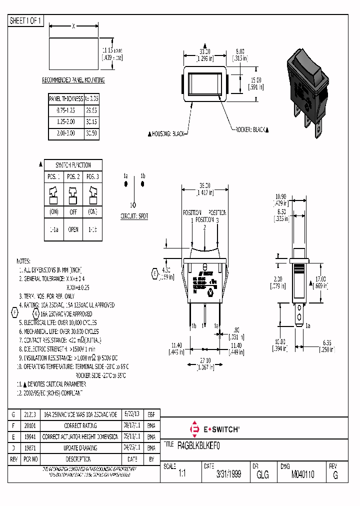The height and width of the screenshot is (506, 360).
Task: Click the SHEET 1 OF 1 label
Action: [26, 21]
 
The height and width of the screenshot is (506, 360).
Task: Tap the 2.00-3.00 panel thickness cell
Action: [65, 133]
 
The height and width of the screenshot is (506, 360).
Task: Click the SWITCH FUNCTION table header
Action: [73, 165]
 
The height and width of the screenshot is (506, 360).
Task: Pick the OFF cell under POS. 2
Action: [73, 211]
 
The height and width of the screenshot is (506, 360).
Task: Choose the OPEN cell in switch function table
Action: [73, 229]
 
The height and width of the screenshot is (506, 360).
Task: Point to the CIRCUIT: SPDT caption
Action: [134, 216]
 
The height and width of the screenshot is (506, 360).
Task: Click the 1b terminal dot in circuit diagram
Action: [143, 184]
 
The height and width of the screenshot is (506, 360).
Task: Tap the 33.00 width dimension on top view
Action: [205, 51]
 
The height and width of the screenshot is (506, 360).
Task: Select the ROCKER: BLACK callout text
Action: [251, 129]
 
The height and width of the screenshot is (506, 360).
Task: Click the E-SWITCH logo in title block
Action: [215, 429]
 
